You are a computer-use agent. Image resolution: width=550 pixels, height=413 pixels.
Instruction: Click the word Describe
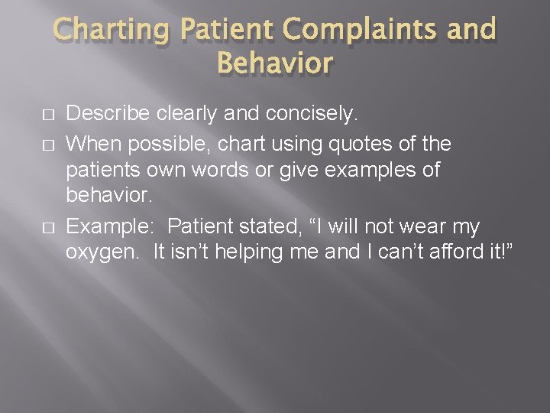click(x=108, y=115)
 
